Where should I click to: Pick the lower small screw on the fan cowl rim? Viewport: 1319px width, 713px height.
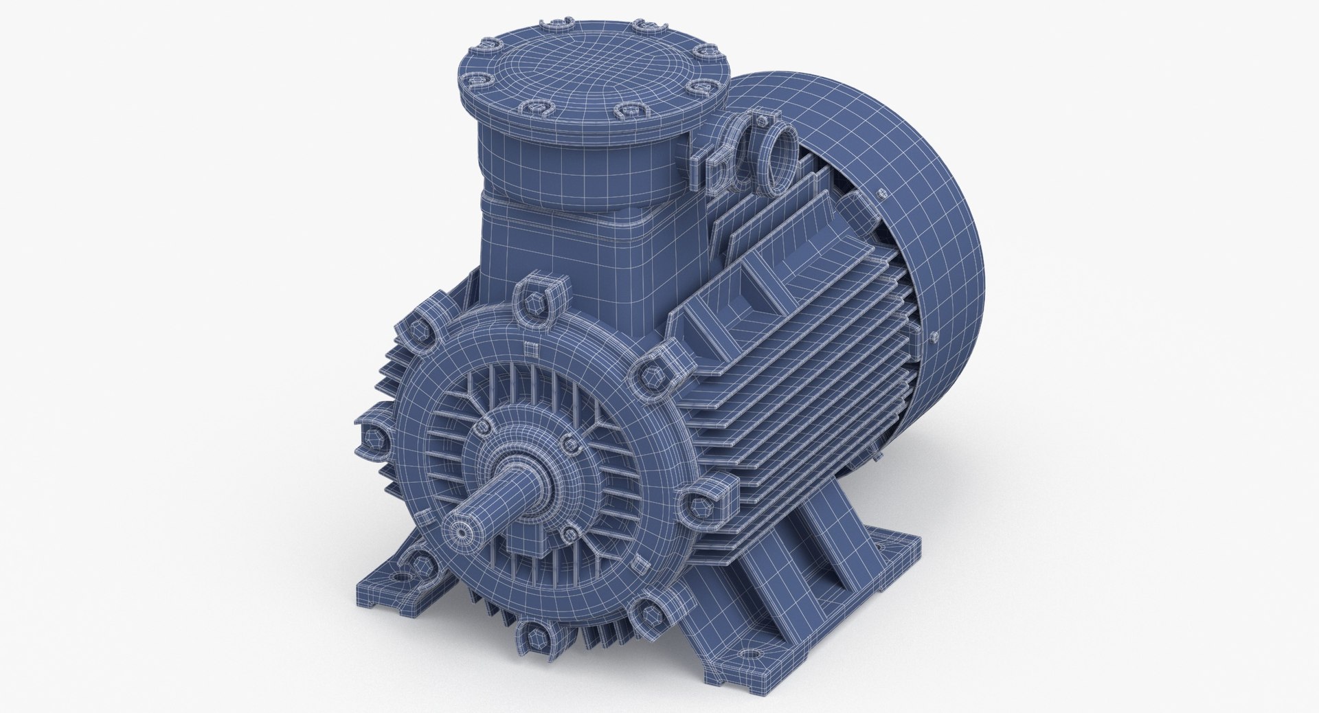936,337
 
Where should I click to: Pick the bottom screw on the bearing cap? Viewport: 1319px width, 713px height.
569,532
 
